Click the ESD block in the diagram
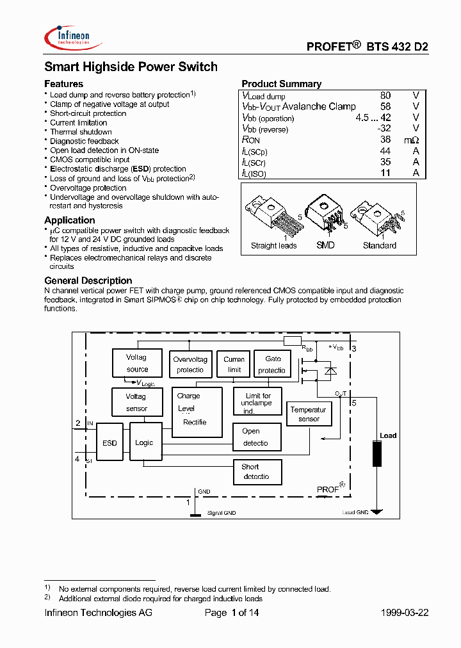(x=109, y=442)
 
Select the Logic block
(x=145, y=442)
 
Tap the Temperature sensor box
(x=309, y=414)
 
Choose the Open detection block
(x=257, y=437)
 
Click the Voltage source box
(x=137, y=364)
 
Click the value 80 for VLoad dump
(x=385, y=96)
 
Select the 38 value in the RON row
(x=385, y=140)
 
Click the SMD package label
(x=325, y=245)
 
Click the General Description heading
(x=88, y=280)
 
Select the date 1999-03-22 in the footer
(x=403, y=613)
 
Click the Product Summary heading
(x=282, y=84)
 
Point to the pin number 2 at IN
(x=77, y=423)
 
